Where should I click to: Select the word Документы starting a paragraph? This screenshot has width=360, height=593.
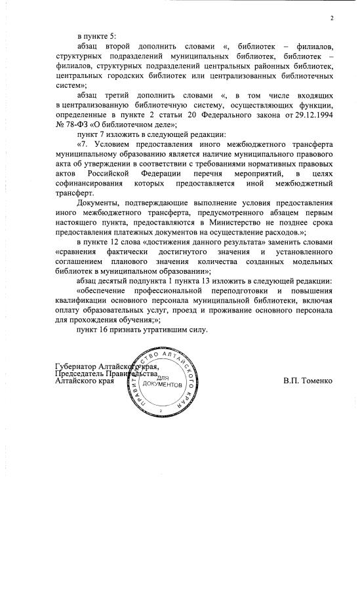(98, 204)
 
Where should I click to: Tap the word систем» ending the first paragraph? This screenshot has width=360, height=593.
(71, 86)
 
